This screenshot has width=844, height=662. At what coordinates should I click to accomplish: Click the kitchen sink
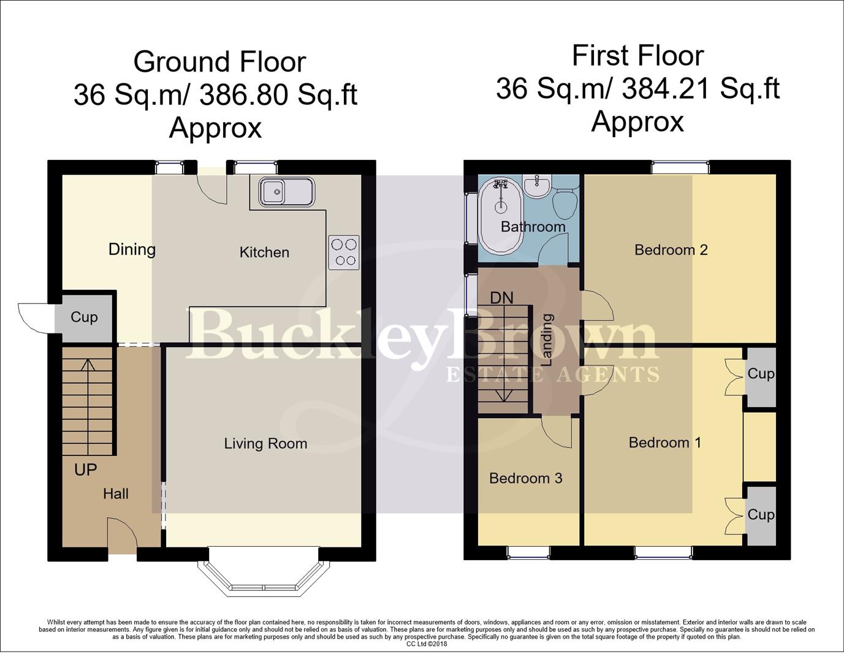click(286, 192)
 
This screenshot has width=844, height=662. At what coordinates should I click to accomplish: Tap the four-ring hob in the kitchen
click(344, 253)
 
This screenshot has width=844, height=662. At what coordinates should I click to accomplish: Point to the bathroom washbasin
click(538, 186)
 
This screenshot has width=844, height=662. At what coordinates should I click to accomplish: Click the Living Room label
click(265, 443)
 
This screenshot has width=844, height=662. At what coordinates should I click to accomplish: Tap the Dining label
click(132, 249)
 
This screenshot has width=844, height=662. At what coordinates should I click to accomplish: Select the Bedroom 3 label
click(525, 478)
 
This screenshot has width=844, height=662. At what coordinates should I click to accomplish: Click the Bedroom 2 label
click(671, 249)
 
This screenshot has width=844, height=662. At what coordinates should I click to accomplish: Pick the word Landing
click(547, 340)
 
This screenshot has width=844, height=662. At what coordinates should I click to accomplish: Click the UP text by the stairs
click(86, 470)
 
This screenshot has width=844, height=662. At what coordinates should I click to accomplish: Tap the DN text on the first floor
click(501, 298)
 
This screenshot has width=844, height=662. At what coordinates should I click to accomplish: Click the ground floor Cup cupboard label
click(84, 317)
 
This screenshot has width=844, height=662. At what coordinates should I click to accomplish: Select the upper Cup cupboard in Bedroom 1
click(760, 373)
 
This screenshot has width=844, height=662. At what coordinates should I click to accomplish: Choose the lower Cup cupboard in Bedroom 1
click(760, 514)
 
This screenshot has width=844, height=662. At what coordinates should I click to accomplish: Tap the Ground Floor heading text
click(219, 62)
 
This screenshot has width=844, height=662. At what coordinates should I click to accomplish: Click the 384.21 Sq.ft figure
click(700, 89)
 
